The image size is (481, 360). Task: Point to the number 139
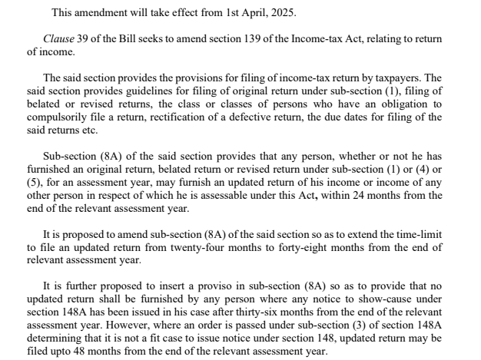[x=234, y=38]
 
